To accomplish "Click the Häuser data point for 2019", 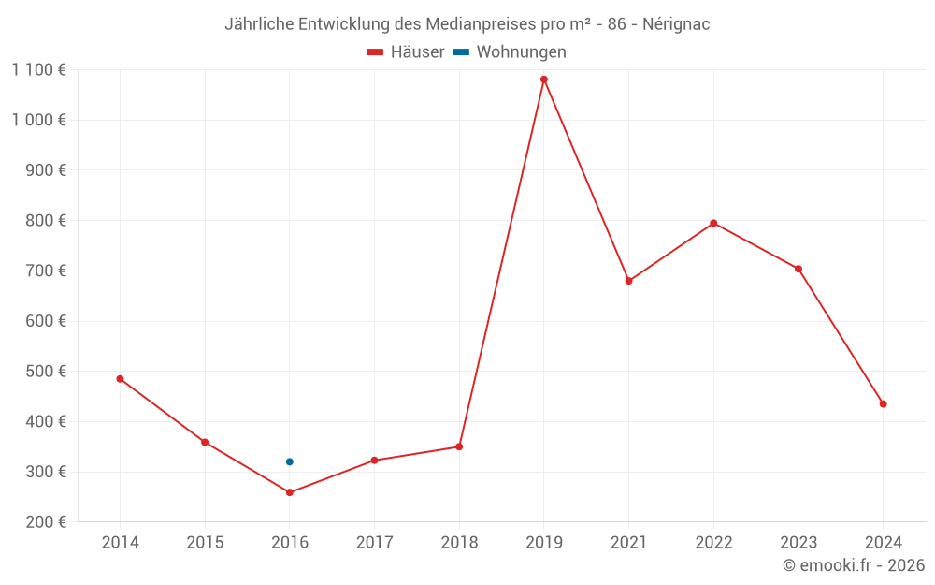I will click(x=544, y=80).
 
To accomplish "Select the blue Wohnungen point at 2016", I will click(x=290, y=461).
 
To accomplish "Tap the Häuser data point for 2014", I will click(x=120, y=379).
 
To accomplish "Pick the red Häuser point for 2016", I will click(x=290, y=492).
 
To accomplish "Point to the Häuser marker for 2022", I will click(x=713, y=223).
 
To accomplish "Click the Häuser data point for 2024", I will click(x=883, y=404).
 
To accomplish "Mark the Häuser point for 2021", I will click(x=628, y=281).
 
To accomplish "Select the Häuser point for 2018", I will click(x=459, y=446).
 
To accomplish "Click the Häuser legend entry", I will click(x=406, y=52).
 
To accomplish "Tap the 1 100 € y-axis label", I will click(x=38, y=69).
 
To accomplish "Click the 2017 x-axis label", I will click(x=374, y=543).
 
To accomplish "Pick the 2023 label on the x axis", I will click(x=798, y=543).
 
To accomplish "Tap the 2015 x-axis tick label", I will click(x=205, y=543).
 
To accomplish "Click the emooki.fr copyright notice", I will click(x=854, y=565).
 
